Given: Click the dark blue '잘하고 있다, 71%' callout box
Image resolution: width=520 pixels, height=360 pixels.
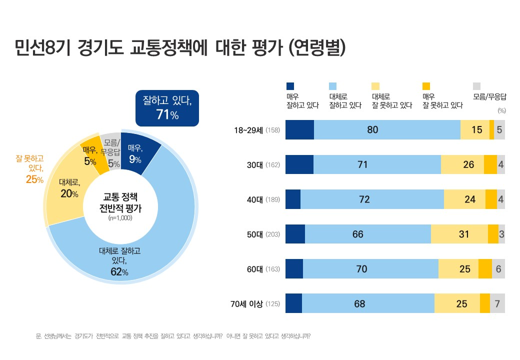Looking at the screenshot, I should (167, 107).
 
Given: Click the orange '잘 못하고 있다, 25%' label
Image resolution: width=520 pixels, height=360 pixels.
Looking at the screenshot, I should (30, 169).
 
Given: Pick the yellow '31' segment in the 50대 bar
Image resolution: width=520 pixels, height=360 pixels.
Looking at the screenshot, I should (459, 234).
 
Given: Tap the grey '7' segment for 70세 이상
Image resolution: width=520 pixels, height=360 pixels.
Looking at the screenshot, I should (497, 303).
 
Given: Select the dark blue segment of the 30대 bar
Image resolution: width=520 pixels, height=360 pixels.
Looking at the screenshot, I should (299, 164).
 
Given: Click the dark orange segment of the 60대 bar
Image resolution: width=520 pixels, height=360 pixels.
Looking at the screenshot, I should (485, 269).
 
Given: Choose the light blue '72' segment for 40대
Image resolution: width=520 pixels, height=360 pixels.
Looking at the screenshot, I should (372, 199).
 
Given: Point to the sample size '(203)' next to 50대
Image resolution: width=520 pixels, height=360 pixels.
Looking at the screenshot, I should (273, 234).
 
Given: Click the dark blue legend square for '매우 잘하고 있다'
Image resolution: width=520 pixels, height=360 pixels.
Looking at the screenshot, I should (290, 86).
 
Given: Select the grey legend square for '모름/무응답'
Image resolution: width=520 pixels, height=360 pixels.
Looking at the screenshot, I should (476, 86).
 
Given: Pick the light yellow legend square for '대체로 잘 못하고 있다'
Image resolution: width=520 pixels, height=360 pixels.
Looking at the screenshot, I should (376, 86).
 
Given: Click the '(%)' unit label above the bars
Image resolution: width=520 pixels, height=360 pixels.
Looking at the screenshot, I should (501, 110).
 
